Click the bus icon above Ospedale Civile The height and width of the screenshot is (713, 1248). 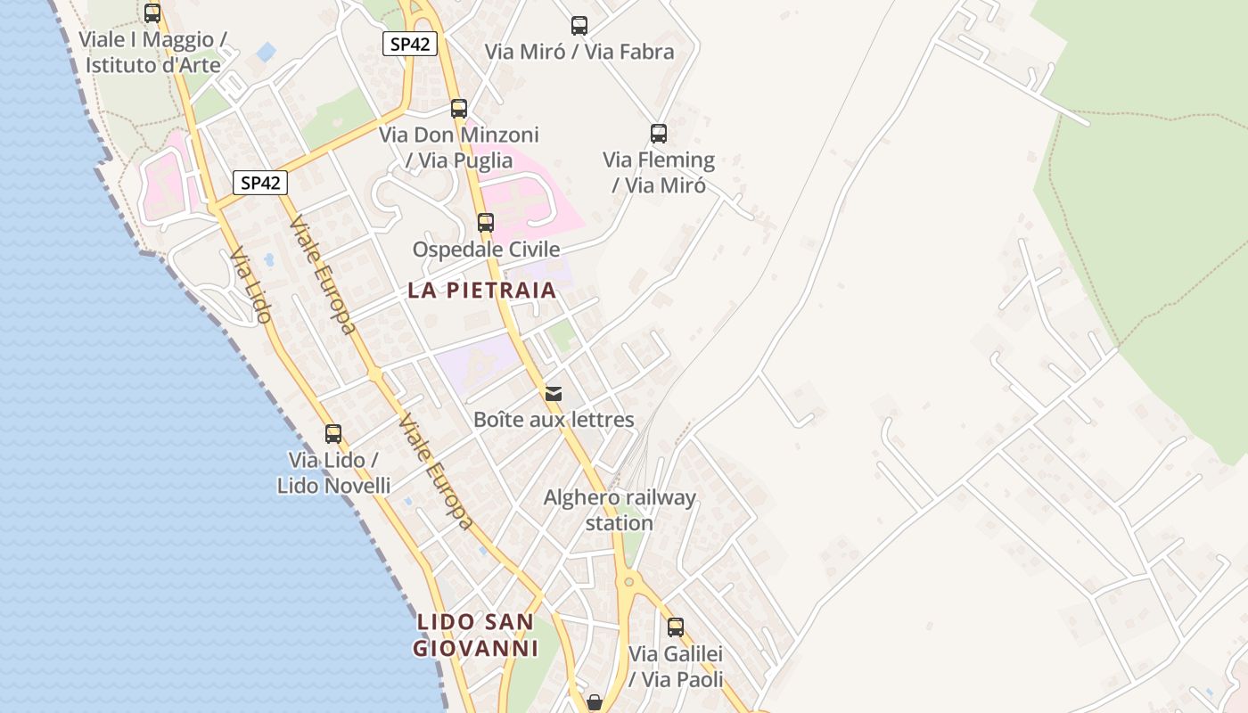click(x=486, y=223)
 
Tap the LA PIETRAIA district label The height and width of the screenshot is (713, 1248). click(x=482, y=290)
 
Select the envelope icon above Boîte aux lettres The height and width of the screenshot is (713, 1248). click(x=554, y=393)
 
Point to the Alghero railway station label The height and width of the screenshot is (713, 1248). click(x=620, y=510)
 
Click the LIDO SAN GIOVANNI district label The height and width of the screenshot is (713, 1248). click(x=476, y=635)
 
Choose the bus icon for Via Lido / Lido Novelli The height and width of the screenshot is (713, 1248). click(x=333, y=434)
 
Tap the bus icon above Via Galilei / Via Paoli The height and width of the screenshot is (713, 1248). click(x=676, y=627)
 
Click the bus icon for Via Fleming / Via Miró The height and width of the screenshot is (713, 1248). click(x=659, y=134)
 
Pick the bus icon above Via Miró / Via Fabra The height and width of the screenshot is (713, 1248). click(x=579, y=26)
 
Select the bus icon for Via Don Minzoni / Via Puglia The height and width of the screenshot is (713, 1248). click(x=459, y=109)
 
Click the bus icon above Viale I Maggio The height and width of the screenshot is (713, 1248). click(x=152, y=13)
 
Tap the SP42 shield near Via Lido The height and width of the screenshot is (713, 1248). click(x=260, y=183)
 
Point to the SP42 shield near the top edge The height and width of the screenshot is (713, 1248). click(x=410, y=44)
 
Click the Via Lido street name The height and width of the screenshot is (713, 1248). click(x=250, y=285)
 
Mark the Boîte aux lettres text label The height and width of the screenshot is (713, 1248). click(x=554, y=420)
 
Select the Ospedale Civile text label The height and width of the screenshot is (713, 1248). click(x=486, y=250)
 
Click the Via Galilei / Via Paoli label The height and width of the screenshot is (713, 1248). click(x=676, y=666)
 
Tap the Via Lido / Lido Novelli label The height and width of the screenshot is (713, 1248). click(x=333, y=472)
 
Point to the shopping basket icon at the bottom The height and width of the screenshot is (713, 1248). click(x=595, y=702)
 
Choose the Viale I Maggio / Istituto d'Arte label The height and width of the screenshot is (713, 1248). click(x=152, y=52)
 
